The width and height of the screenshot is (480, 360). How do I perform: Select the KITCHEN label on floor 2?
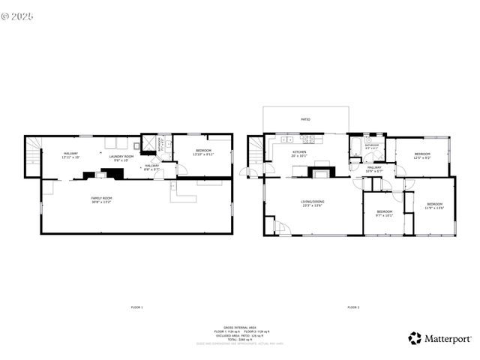tap(300, 154)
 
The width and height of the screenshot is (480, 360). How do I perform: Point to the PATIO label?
tap(305, 118)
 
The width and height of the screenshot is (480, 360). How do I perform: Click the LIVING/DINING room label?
tap(313, 203)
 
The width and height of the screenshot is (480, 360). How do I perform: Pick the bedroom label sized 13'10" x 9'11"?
tap(202, 152)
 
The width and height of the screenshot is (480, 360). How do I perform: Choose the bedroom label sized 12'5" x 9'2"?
tap(422, 155)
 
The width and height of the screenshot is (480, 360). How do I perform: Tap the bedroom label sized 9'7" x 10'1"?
tap(384, 214)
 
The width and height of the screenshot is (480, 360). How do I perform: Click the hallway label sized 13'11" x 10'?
tap(70, 155)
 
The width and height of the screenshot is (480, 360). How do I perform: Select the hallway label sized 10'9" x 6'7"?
tap(374, 169)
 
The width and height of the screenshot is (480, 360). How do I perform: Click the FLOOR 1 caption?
tap(136, 307)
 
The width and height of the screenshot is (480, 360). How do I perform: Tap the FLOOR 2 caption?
tap(352, 307)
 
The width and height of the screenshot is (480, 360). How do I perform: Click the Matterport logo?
tap(439, 338)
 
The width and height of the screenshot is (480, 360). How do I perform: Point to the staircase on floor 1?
tap(32, 156)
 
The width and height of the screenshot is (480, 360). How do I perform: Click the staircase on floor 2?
tap(256, 150)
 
